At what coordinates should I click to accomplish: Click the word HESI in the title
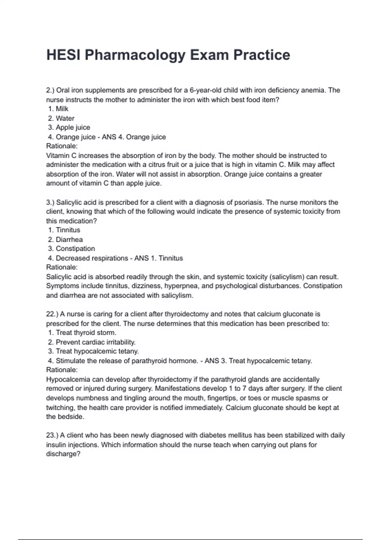coord(63,55)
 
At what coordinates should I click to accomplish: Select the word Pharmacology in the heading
coord(135,55)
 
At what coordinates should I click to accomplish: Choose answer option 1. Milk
coord(58,109)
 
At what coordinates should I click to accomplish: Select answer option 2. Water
coord(61,118)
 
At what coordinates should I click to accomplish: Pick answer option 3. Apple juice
coord(69,128)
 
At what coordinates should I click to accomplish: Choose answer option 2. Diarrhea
coord(65,240)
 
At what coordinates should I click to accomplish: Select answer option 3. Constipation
coord(71,249)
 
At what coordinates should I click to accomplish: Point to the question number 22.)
coord(52,314)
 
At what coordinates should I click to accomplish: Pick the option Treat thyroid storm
coord(82,333)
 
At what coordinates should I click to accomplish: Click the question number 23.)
coord(52,435)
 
